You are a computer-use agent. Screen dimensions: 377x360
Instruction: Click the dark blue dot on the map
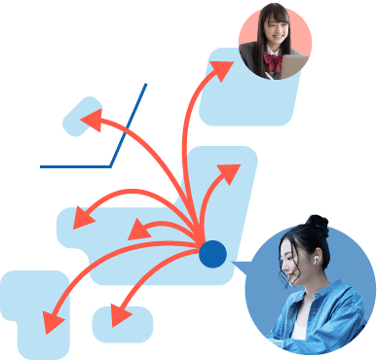[212, 255]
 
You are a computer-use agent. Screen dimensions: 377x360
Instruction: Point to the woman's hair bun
[317, 223]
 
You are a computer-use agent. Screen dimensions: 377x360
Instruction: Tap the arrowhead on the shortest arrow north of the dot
[230, 174]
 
